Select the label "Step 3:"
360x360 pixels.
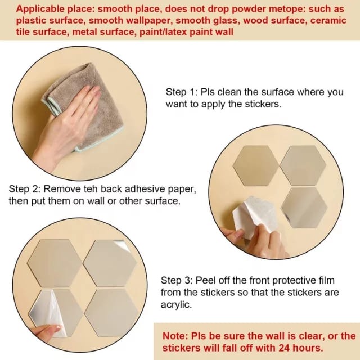click(177, 280)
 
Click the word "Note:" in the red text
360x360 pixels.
click(175, 336)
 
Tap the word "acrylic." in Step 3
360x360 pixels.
click(176, 305)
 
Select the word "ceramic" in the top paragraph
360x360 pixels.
click(328, 20)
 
